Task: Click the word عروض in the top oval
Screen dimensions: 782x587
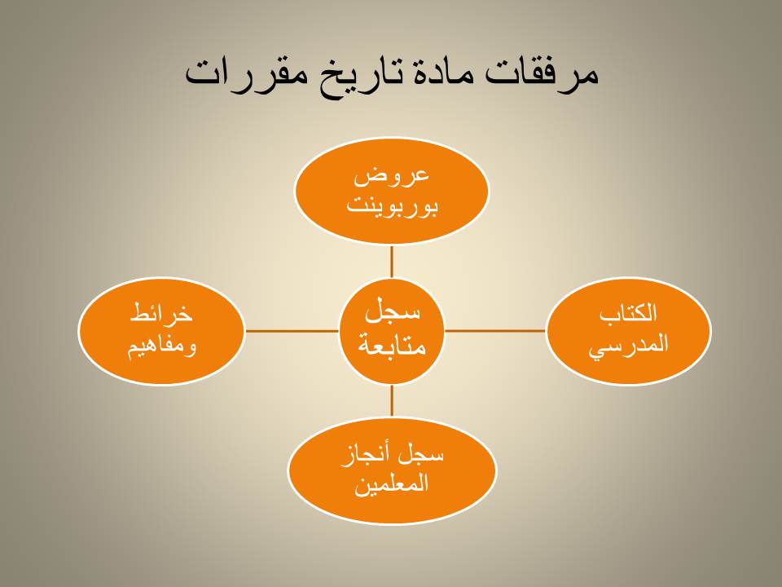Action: point(392,177)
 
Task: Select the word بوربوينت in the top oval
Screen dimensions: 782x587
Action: point(392,206)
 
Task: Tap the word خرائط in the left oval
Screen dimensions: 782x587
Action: point(161,313)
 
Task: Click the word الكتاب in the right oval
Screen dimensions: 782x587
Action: point(628,313)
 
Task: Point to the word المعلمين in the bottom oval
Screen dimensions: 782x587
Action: point(392,484)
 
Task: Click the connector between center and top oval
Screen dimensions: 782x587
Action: point(392,262)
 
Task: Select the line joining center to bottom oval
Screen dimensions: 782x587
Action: point(392,400)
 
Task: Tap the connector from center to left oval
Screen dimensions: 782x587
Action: point(292,330)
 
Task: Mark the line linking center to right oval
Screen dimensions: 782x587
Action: point(494,330)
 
